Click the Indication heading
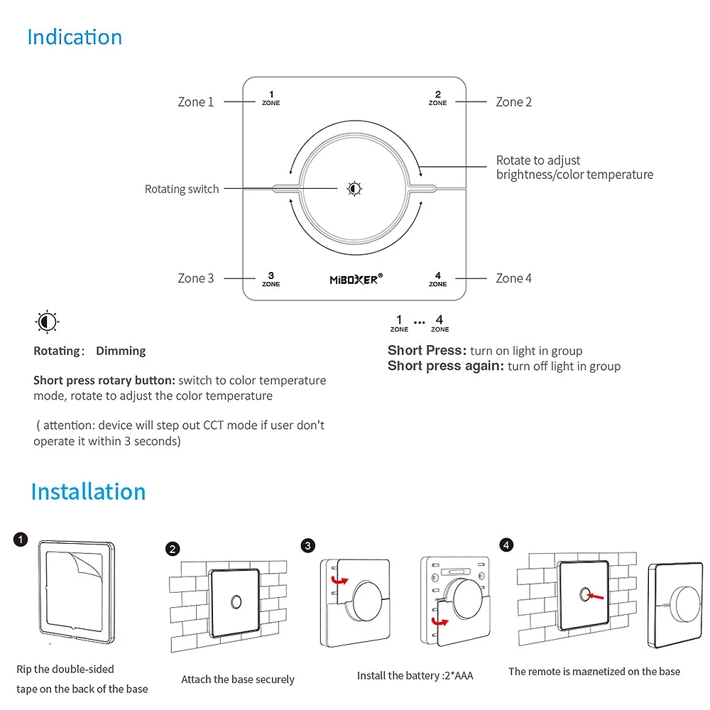click(75, 37)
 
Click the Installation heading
click(88, 491)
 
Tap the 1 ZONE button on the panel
click(271, 98)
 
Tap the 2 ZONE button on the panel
click(437, 98)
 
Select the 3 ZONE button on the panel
click(271, 279)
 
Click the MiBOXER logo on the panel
click(356, 279)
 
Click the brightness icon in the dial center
click(354, 188)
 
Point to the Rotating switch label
click(182, 189)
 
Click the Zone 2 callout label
click(513, 102)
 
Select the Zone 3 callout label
click(195, 278)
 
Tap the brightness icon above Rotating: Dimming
click(47, 322)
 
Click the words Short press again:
click(446, 366)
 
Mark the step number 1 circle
click(21, 540)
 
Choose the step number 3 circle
click(307, 545)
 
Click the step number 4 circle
click(506, 545)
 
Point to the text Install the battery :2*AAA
click(415, 675)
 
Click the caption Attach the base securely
click(237, 679)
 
